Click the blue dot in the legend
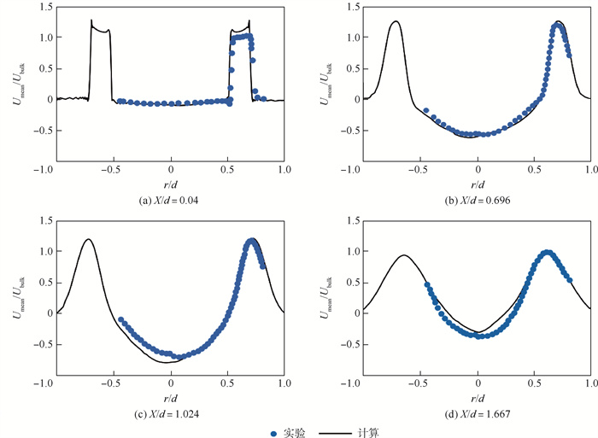pos(273,433)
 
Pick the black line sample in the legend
pos(335,433)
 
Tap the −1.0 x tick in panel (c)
pos(57,385)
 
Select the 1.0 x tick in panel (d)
pos(590,385)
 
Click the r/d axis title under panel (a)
pos(171,185)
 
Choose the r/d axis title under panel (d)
pos(478,399)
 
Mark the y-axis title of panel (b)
pos(325,83)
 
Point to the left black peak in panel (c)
pos(87,240)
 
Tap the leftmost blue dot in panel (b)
pos(425,110)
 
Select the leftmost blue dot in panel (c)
pos(120,320)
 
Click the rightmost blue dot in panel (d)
pos(570,280)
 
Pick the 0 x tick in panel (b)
pos(478,172)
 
